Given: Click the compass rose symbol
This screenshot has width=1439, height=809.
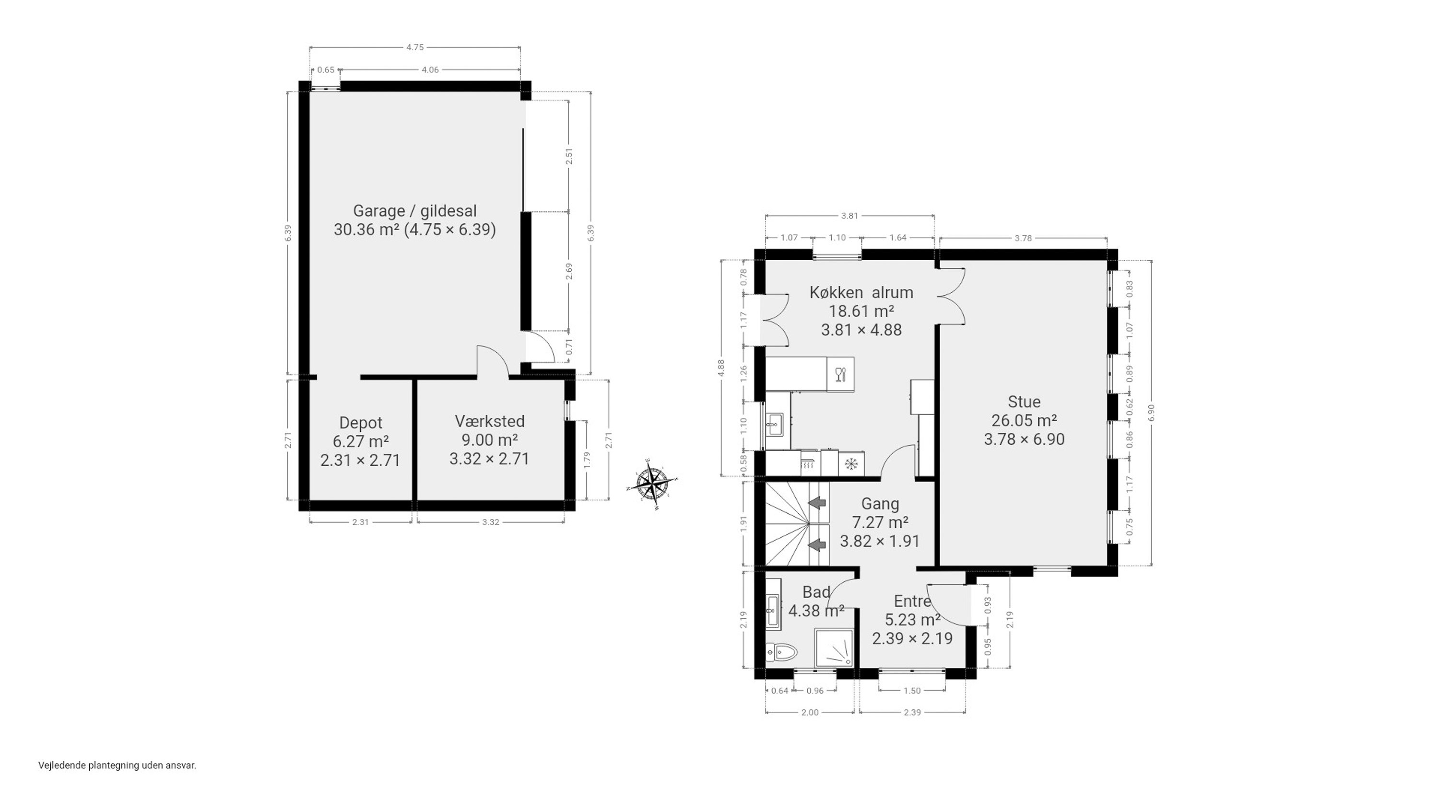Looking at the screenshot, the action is coord(652,484).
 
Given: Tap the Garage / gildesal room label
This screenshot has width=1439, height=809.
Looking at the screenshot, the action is coord(414,211).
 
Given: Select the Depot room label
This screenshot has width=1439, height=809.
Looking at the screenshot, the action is coord(361,423).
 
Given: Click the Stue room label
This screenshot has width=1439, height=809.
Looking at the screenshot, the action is coord(1024,402).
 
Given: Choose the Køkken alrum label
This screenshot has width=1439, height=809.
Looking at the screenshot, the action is coord(861,292).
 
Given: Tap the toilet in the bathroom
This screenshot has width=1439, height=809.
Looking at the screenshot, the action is coord(781,651).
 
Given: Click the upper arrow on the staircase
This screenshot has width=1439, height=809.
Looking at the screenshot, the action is coord(817,503).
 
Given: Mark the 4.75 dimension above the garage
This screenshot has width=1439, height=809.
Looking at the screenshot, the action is coord(414,47).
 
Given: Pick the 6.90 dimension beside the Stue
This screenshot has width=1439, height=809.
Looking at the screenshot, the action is coord(1151,413).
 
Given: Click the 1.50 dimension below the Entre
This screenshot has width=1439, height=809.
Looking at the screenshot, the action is coord(912,691).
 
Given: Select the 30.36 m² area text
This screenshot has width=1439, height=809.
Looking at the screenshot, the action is coord(366,230).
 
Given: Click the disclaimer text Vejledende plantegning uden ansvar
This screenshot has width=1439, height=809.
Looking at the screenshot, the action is coord(118,765).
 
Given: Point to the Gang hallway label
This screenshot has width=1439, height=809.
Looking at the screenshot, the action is coord(880,504).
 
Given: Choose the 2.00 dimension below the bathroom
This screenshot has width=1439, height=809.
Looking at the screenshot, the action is coord(810,712).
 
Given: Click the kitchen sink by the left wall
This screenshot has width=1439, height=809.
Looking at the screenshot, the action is coord(775,424).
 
